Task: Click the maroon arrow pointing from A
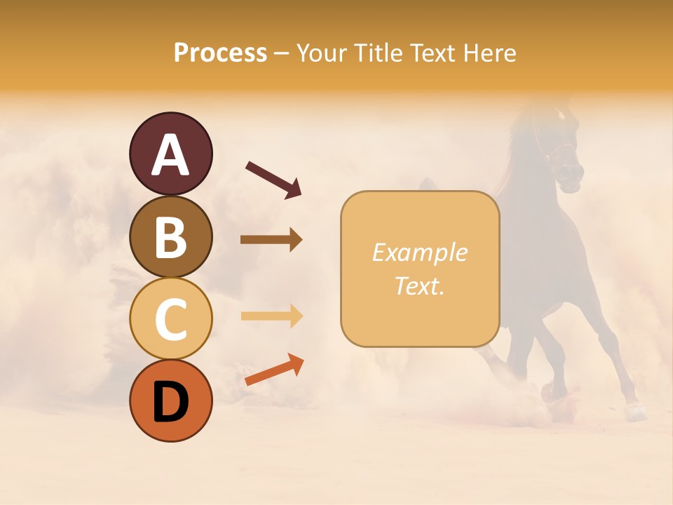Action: pyautogui.click(x=273, y=178)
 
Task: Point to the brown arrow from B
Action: pyautogui.click(x=271, y=240)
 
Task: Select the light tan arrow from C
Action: pyautogui.click(x=271, y=316)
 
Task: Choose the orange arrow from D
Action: pyautogui.click(x=274, y=370)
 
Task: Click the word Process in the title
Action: pyautogui.click(x=220, y=53)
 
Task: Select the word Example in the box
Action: pyautogui.click(x=419, y=253)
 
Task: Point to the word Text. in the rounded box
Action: pyautogui.click(x=419, y=286)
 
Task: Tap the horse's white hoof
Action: pyautogui.click(x=636, y=412)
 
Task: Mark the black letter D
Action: pyautogui.click(x=170, y=402)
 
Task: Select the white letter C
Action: pyautogui.click(x=170, y=319)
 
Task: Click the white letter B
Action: pyautogui.click(x=170, y=238)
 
